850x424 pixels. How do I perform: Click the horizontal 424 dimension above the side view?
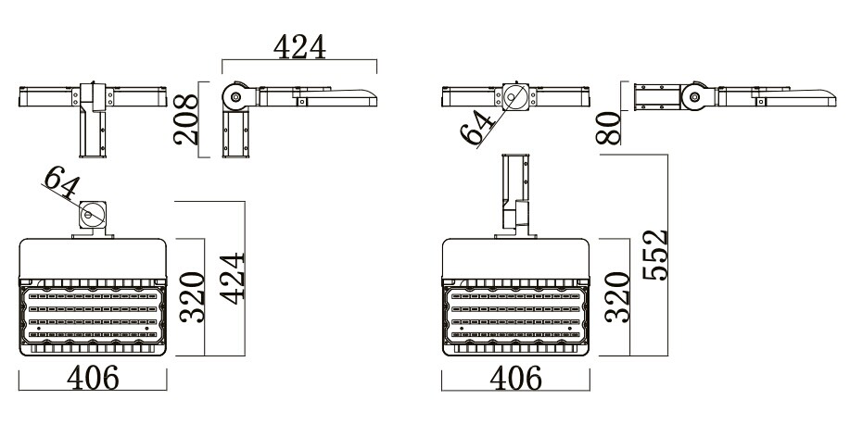tap(298, 47)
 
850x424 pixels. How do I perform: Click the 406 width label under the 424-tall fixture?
tap(92, 379)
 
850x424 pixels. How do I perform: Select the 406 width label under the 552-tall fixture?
tap(514, 379)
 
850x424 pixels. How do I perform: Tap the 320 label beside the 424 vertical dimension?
tap(191, 296)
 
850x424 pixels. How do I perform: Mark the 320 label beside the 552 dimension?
tap(615, 296)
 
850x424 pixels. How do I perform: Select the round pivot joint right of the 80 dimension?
tap(694, 95)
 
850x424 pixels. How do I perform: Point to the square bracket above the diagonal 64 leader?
tap(514, 96)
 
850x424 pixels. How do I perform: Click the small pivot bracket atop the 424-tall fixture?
tap(92, 217)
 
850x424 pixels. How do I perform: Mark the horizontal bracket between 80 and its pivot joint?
tap(656, 95)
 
